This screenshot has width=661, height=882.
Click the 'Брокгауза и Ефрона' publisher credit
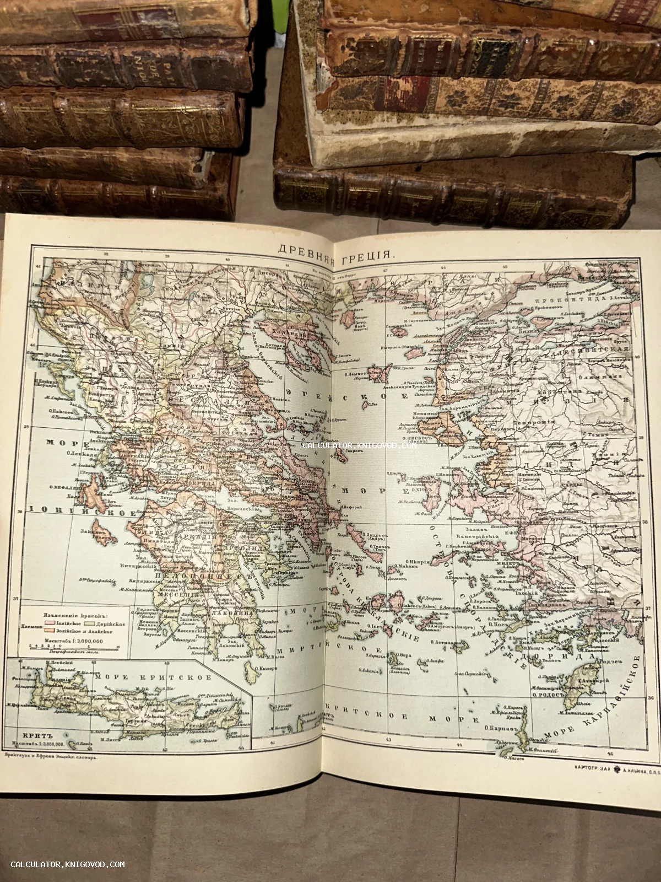click(x=51, y=758)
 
